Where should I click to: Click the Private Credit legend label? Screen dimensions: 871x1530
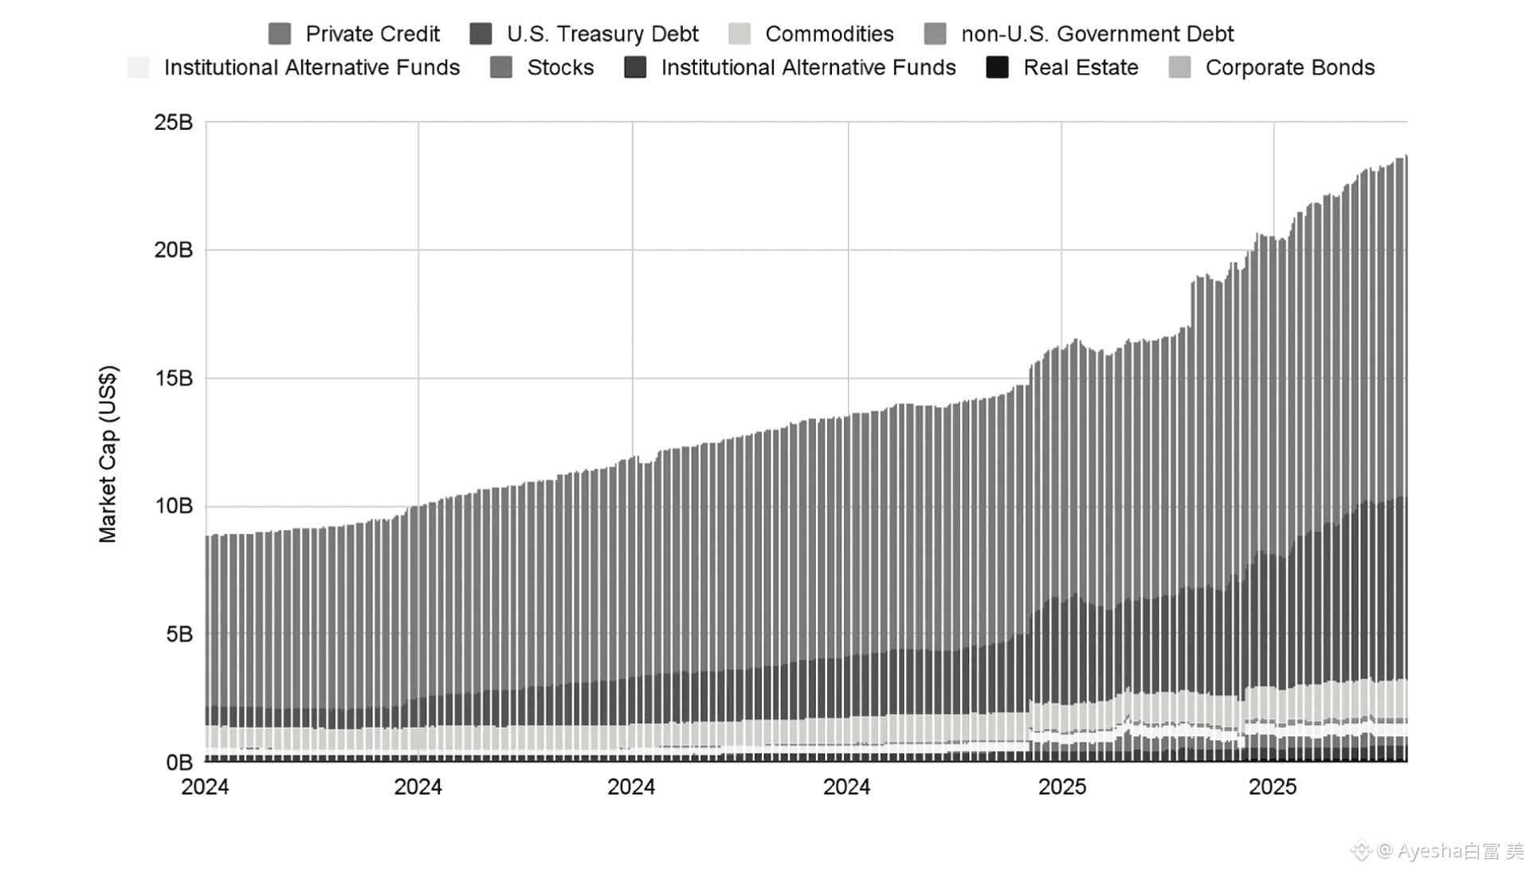372,34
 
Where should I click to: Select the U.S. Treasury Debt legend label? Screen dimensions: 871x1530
602,34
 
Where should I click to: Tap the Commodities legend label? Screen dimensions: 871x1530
829,34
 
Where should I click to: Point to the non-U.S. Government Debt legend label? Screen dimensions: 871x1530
1096,34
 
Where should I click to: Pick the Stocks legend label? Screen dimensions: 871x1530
560,68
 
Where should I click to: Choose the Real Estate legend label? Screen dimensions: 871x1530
1080,68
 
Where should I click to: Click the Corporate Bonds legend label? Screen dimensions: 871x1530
1289,68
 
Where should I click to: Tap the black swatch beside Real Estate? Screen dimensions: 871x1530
997,68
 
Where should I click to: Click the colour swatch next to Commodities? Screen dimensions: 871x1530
739,34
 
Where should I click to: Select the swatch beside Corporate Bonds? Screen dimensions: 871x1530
1179,68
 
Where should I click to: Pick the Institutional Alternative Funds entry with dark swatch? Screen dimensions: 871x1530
808,68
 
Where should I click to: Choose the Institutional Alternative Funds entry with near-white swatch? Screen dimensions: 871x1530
312,68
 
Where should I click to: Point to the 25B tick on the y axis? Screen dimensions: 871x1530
174,123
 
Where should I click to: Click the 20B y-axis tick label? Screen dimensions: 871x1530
174,250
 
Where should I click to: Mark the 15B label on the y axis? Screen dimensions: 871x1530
174,379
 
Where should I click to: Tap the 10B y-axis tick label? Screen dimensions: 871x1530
174,506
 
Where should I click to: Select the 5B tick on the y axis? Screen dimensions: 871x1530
179,634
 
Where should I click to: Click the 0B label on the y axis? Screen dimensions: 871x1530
179,763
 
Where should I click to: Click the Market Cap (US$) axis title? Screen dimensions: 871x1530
108,454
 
